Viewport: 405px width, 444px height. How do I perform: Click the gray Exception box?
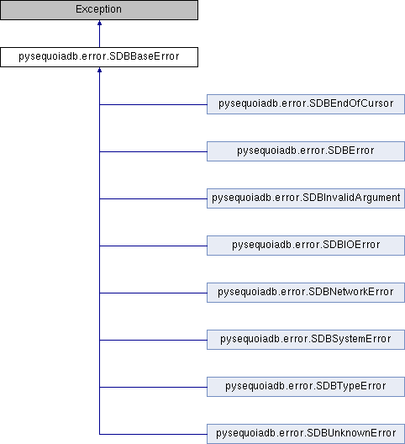click(99, 10)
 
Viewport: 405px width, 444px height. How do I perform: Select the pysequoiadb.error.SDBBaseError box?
click(99, 57)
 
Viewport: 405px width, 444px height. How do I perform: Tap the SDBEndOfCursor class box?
click(306, 104)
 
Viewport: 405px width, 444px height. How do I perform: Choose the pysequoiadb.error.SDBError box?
click(306, 151)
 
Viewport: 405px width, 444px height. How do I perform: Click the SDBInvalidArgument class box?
click(306, 198)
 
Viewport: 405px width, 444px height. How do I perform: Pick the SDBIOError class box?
click(306, 246)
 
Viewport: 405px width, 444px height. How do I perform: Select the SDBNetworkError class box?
click(306, 293)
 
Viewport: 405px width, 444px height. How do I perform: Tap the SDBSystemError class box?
click(306, 340)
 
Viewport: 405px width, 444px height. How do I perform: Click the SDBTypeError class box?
click(306, 387)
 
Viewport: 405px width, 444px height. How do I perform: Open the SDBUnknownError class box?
click(306, 434)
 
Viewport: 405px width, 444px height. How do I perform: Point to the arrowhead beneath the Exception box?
click(99, 23)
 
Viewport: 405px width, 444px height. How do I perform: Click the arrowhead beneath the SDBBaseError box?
click(99, 70)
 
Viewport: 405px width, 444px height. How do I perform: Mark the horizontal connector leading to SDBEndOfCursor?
click(153, 104)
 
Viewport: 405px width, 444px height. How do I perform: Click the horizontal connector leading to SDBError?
click(153, 151)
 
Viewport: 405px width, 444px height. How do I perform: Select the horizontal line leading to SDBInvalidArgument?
click(153, 198)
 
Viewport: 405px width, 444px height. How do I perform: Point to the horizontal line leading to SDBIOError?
click(153, 246)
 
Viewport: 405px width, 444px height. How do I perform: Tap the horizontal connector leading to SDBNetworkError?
click(153, 293)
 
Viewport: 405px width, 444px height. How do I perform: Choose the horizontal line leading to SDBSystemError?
click(153, 340)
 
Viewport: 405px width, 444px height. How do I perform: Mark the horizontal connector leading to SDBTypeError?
click(153, 387)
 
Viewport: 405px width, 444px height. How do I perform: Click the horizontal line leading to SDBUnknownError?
click(153, 434)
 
